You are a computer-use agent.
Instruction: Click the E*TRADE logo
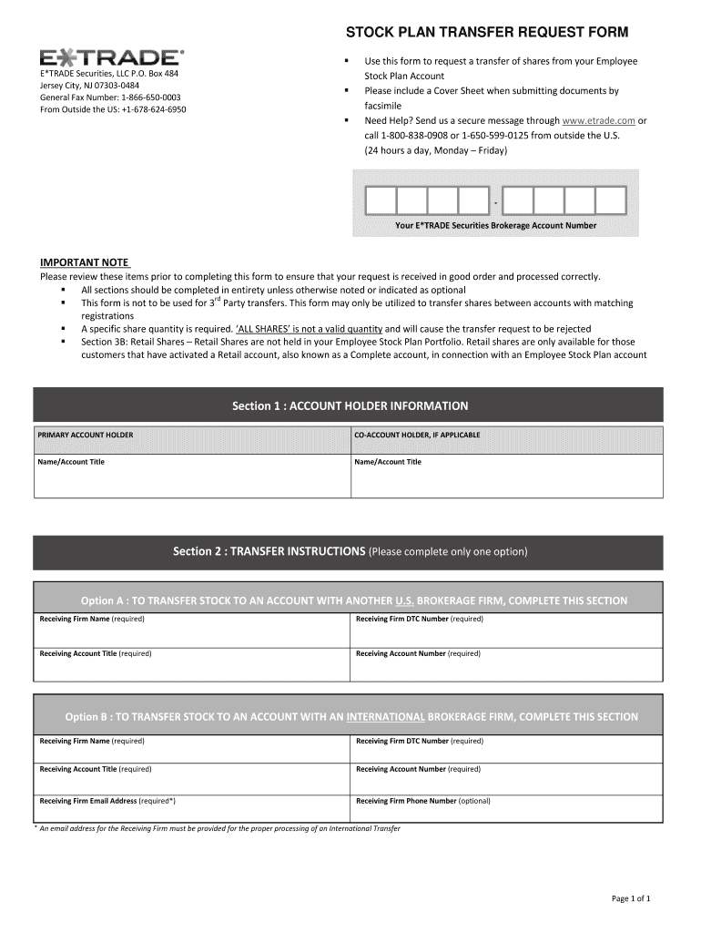point(111,56)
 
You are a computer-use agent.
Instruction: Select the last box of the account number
point(611,200)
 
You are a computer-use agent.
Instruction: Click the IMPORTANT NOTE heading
point(84,262)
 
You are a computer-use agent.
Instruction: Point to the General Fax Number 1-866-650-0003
point(110,97)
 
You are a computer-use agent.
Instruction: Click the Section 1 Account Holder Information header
point(350,405)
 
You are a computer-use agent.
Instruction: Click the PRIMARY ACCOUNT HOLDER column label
point(85,436)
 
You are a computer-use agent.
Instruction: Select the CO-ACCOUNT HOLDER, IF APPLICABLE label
point(417,436)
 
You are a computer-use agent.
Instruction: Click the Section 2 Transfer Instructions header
point(350,551)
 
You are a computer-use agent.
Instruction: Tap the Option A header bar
point(353,600)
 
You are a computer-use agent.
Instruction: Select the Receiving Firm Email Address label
point(107,801)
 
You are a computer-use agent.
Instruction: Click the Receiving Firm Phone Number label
point(422,801)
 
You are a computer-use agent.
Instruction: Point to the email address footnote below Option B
point(218,828)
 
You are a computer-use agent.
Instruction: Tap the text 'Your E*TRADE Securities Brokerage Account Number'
point(495,225)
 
